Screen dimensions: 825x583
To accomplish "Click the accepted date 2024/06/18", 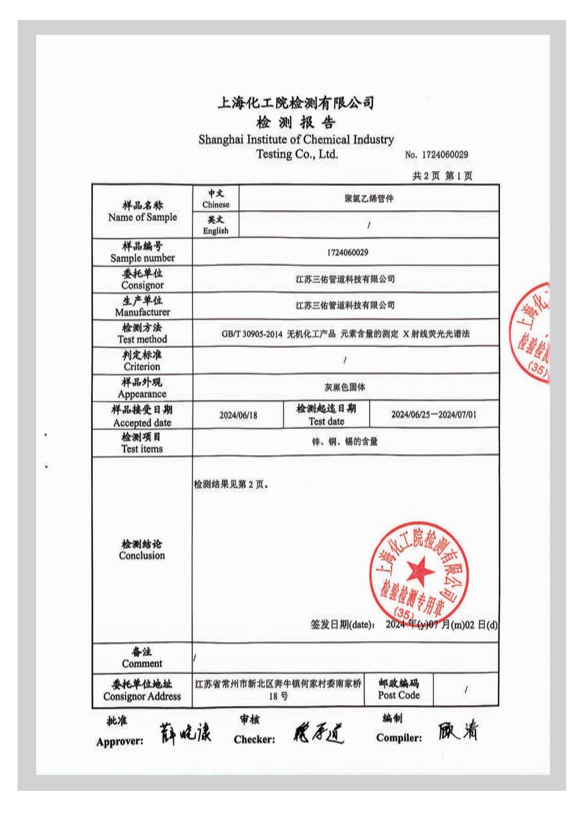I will click(238, 415).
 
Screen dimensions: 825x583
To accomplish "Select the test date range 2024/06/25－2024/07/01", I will click(434, 415).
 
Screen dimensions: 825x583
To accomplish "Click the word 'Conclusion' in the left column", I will click(142, 556).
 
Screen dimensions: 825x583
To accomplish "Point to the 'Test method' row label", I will click(142, 339).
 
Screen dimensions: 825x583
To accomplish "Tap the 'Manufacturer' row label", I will click(142, 312).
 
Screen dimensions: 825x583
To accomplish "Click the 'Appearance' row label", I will click(142, 394).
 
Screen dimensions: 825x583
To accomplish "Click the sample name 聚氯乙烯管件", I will click(369, 199).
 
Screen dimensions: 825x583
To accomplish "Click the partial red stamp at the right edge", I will click(531, 332).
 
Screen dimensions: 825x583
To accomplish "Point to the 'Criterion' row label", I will click(142, 367).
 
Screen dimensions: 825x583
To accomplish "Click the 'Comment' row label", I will click(142, 663).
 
